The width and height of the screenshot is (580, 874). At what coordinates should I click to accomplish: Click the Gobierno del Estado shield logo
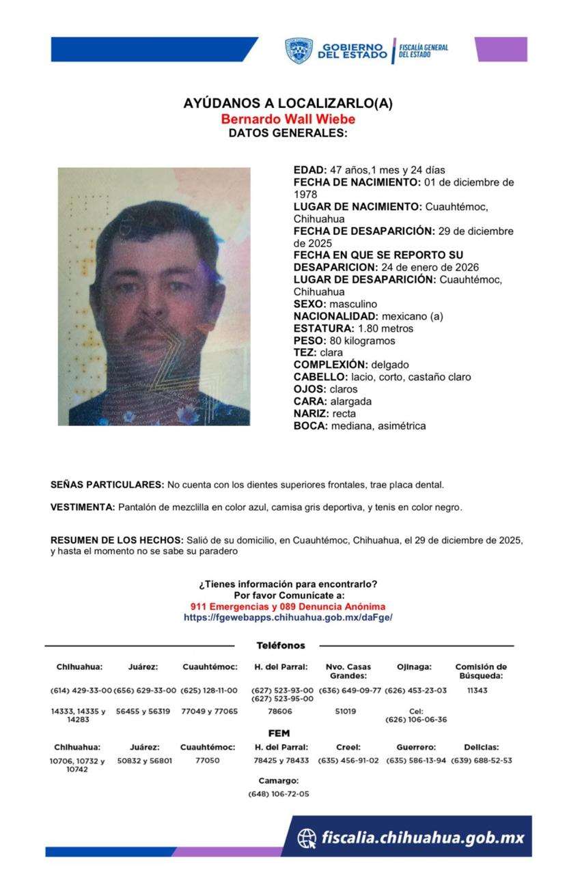point(299,51)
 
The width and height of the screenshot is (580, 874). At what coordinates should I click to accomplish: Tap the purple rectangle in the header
point(501,49)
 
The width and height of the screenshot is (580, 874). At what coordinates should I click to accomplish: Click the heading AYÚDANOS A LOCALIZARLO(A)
point(288,104)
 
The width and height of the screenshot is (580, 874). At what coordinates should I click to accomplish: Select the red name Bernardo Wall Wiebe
point(288,119)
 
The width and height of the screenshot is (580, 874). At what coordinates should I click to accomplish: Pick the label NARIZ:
point(311,414)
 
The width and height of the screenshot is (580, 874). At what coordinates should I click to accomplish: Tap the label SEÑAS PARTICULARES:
point(107,485)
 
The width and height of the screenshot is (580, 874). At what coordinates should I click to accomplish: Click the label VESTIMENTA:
point(83,507)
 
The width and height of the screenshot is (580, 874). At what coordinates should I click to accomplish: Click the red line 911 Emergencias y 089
point(288,606)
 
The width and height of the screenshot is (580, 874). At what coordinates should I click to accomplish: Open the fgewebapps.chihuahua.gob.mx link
point(288,617)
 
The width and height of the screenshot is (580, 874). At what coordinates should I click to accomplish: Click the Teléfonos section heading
point(281,645)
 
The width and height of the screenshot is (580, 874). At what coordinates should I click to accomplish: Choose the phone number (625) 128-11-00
point(209,691)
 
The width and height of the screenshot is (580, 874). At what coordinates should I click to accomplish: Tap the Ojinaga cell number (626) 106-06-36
point(416,720)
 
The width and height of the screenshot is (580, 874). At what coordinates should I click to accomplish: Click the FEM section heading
point(279,733)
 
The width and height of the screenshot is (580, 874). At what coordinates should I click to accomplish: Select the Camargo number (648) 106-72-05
point(279,794)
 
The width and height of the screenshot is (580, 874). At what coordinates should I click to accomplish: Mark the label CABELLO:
point(320,377)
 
